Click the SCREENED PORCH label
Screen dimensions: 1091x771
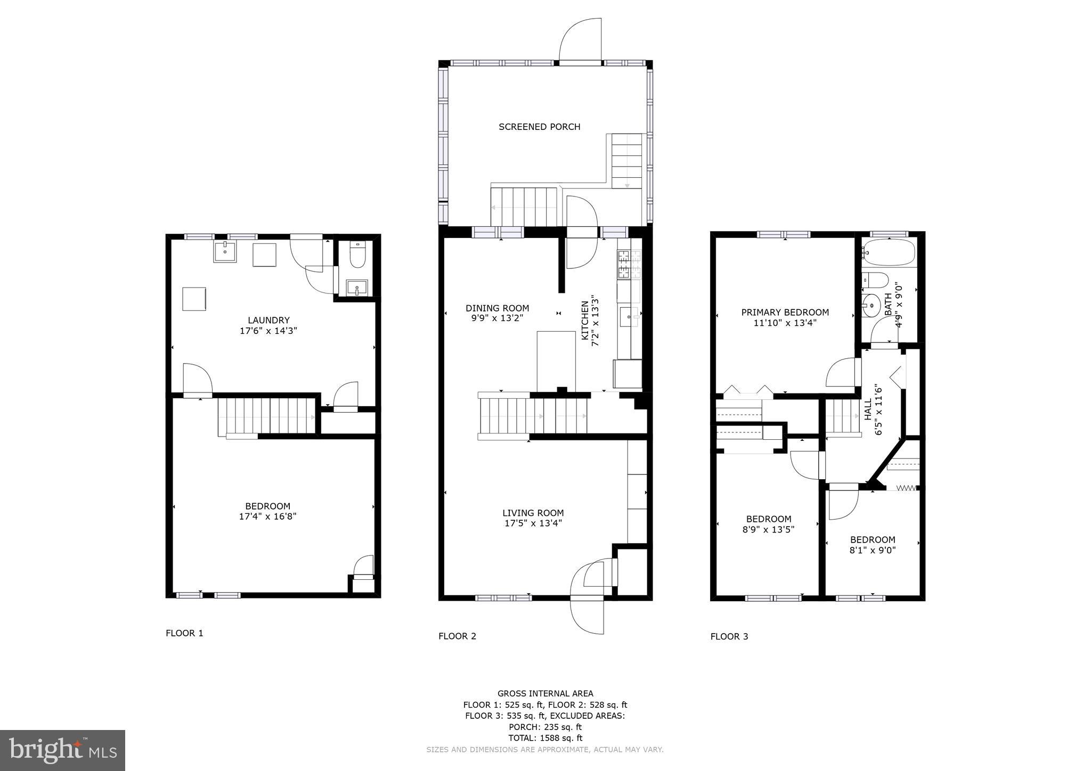[x=539, y=127]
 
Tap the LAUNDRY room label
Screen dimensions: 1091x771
[x=268, y=320]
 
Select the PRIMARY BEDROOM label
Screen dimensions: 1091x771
[x=785, y=313]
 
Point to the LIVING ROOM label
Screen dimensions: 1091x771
[x=533, y=513]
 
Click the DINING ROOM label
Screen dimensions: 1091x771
[x=497, y=308]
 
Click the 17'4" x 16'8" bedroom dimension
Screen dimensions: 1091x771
[x=267, y=516]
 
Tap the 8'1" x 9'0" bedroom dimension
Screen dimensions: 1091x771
[x=873, y=550]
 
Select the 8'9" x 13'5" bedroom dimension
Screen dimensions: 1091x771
[x=769, y=529]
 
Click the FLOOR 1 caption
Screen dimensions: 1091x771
[x=184, y=633]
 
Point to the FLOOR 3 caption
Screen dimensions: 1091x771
[x=729, y=636]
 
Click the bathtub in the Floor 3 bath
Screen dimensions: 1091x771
[x=889, y=252]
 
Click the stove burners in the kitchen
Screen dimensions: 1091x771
[x=624, y=265]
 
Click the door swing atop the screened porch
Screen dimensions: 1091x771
[x=580, y=40]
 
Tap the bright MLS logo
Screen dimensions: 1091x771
[x=63, y=750]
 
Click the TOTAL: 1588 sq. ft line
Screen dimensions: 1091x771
[x=545, y=738]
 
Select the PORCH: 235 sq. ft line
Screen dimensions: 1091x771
[x=545, y=727]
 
